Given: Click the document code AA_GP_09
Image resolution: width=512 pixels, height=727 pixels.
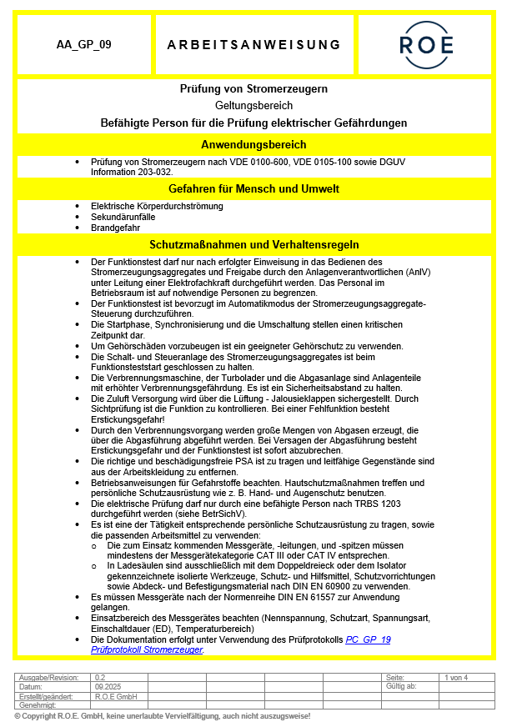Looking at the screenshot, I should (83, 44).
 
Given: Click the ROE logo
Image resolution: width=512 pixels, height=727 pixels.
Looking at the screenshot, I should (426, 44).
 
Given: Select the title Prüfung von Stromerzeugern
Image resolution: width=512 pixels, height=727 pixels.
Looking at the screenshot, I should (253, 89).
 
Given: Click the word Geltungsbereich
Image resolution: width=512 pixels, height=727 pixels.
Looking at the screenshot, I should (253, 106).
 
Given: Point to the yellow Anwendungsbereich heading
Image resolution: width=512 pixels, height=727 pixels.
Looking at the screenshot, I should (253, 144).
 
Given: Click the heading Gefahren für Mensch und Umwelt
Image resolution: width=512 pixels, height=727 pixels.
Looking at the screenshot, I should (253, 188).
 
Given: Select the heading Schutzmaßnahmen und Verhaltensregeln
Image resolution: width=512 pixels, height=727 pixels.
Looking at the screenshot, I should (253, 245).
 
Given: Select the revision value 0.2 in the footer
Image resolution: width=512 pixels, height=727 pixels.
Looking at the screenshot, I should (100, 677).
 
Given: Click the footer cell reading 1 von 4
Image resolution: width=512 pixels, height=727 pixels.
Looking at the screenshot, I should (457, 677).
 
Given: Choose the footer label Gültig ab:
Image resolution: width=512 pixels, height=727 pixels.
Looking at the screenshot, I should (401, 686).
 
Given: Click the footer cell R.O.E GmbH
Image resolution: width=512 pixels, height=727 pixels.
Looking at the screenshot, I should (115, 696).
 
